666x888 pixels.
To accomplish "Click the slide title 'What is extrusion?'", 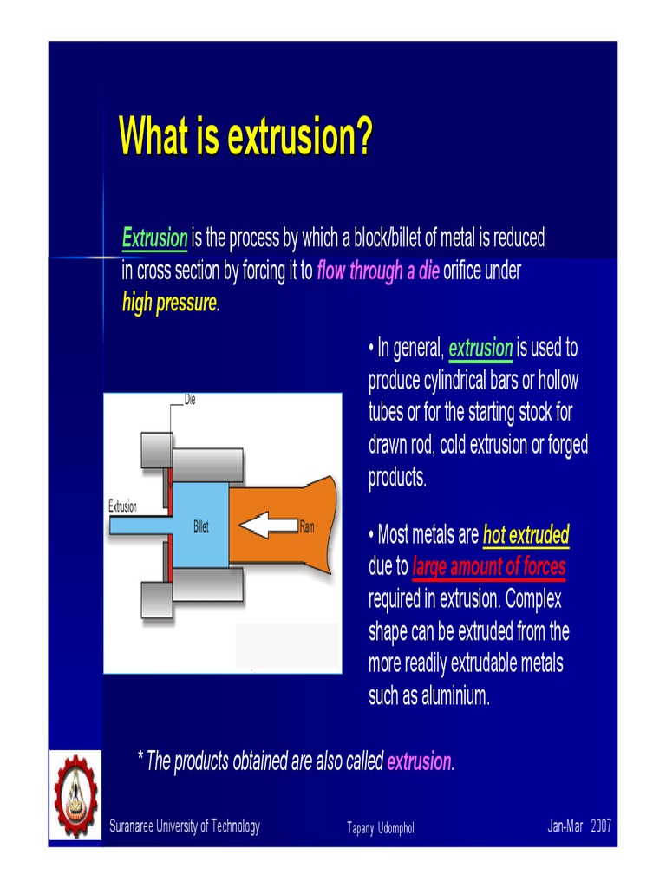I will pyautogui.click(x=245, y=137).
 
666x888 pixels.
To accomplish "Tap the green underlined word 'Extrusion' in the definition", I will pyautogui.click(x=154, y=238).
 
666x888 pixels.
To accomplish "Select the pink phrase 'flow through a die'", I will pyautogui.click(x=378, y=271).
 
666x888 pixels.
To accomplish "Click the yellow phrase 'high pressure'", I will pyautogui.click(x=169, y=304).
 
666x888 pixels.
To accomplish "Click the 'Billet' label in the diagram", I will pyautogui.click(x=200, y=526).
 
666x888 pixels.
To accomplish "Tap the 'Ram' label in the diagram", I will pyautogui.click(x=307, y=526).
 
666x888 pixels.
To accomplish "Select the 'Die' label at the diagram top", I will pyautogui.click(x=190, y=400).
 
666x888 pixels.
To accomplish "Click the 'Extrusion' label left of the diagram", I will pyautogui.click(x=122, y=506).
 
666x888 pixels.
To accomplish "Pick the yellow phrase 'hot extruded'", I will pyautogui.click(x=526, y=535).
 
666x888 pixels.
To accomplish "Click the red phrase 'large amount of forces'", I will pyautogui.click(x=488, y=567).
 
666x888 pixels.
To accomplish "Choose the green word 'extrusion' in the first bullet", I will pyautogui.click(x=480, y=349).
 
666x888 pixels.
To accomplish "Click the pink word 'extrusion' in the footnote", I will pyautogui.click(x=419, y=761).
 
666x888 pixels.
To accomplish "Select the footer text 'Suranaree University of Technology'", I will pyautogui.click(x=184, y=826).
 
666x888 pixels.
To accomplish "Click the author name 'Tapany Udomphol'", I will pyautogui.click(x=380, y=828).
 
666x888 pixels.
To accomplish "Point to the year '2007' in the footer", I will pyautogui.click(x=601, y=826).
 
